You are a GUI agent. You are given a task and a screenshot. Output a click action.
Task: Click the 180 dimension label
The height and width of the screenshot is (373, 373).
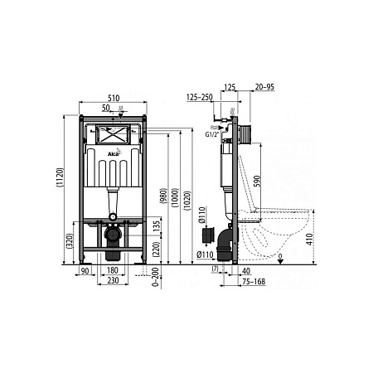coord(112,270)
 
